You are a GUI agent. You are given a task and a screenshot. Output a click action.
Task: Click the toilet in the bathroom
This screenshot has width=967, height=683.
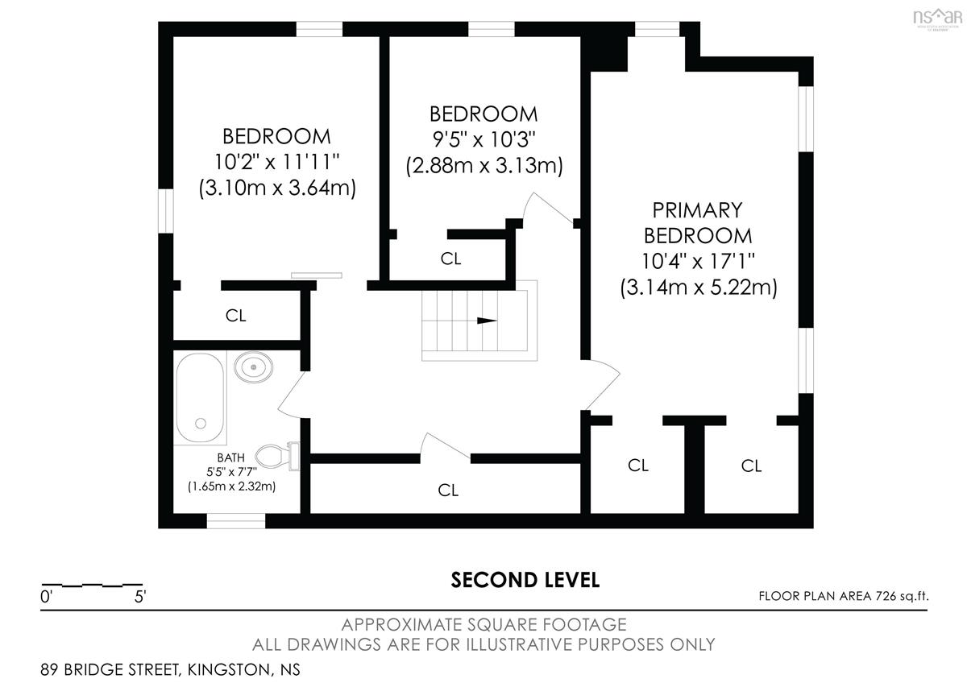(277, 456)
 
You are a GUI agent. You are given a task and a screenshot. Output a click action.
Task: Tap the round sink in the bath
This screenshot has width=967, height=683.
(253, 367)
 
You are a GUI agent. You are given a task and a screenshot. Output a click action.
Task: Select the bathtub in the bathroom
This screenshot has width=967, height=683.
(201, 397)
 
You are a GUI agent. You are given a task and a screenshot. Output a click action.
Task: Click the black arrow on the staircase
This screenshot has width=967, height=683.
(487, 321)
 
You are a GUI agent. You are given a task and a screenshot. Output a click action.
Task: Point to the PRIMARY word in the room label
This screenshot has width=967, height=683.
(697, 210)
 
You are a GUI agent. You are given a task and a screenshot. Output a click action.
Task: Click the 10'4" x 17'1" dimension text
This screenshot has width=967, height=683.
(698, 261)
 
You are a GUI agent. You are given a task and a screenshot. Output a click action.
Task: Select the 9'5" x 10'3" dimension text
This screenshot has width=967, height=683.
(484, 139)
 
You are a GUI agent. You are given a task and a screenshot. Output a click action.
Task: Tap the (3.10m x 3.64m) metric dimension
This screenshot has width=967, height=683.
(277, 188)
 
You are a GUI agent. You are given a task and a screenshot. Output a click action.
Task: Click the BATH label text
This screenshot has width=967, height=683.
(231, 457)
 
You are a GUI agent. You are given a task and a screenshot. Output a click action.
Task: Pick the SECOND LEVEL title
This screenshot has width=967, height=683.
(525, 580)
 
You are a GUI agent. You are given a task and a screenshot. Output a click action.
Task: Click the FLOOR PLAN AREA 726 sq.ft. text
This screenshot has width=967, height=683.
(844, 596)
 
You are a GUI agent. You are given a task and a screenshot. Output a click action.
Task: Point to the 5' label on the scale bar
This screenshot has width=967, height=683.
(140, 597)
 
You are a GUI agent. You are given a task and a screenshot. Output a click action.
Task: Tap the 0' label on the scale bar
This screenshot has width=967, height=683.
(46, 597)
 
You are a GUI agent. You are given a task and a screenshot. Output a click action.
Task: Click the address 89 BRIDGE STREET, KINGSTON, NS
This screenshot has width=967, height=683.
(170, 669)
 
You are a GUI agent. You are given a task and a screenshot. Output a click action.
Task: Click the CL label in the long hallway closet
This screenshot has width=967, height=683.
(448, 490)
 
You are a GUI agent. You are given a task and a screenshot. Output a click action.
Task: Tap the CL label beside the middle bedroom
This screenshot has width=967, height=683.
(450, 259)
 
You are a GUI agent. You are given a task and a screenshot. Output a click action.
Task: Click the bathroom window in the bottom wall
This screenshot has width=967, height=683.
(235, 521)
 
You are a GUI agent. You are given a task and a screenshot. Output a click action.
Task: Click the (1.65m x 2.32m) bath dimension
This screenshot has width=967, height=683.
(231, 486)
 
